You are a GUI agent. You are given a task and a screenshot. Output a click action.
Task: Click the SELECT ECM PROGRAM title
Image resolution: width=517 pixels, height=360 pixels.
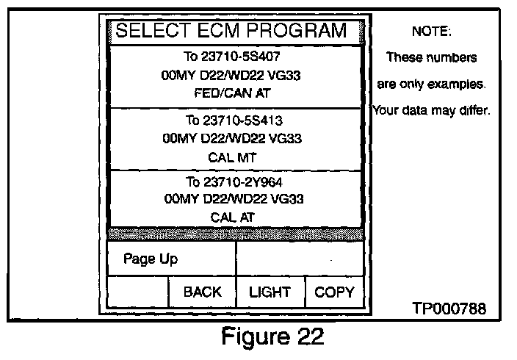pyautogui.click(x=231, y=32)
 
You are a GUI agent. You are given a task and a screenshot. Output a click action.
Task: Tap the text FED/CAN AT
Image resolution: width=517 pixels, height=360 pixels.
pyautogui.click(x=233, y=93)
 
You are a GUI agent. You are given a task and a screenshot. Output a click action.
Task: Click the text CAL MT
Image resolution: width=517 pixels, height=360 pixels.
pyautogui.click(x=233, y=156)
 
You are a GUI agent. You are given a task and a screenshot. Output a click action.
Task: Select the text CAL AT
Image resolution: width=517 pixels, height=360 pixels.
pyautogui.click(x=233, y=217)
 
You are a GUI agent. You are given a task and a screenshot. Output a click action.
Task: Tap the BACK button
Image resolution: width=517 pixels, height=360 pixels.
pyautogui.click(x=202, y=292)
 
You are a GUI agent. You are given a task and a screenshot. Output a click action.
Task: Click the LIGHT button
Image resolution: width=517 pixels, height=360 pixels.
pyautogui.click(x=270, y=292)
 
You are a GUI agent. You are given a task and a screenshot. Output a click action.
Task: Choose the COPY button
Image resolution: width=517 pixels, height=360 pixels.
pyautogui.click(x=334, y=292)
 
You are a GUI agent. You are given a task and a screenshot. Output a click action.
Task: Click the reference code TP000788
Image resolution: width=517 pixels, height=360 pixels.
pyautogui.click(x=449, y=309)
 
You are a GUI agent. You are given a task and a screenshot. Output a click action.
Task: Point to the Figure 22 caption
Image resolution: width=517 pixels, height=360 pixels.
pyautogui.click(x=272, y=339)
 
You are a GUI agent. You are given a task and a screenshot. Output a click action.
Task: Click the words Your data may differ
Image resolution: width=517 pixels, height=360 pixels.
pyautogui.click(x=431, y=112)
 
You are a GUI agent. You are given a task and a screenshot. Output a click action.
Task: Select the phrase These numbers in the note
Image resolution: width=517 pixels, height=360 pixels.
pyautogui.click(x=431, y=57)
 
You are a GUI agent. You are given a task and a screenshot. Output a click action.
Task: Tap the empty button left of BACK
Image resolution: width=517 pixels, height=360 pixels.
pyautogui.click(x=138, y=292)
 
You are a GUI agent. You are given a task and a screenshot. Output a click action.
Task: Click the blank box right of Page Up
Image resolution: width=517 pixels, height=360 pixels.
pyautogui.click(x=300, y=259)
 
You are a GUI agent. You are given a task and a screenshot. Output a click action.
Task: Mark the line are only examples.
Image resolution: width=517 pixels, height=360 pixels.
pyautogui.click(x=431, y=84)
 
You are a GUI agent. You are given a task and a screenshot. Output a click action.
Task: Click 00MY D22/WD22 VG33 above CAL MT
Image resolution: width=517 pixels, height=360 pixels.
pyautogui.click(x=233, y=138)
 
